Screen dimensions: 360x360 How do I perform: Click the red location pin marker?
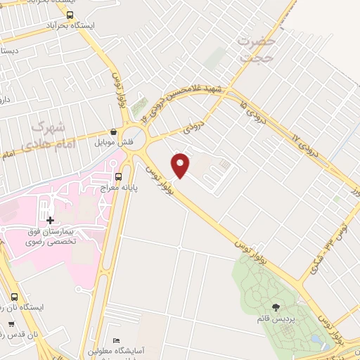(181, 165)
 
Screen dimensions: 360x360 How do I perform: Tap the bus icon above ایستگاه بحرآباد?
(69, 14)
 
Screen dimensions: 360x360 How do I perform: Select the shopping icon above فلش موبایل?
(113, 131)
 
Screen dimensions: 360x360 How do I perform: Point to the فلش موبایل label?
(112, 141)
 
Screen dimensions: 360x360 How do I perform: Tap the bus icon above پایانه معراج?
(117, 176)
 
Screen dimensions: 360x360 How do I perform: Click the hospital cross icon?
(50, 221)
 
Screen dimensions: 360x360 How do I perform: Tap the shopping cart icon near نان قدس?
(11, 324)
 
